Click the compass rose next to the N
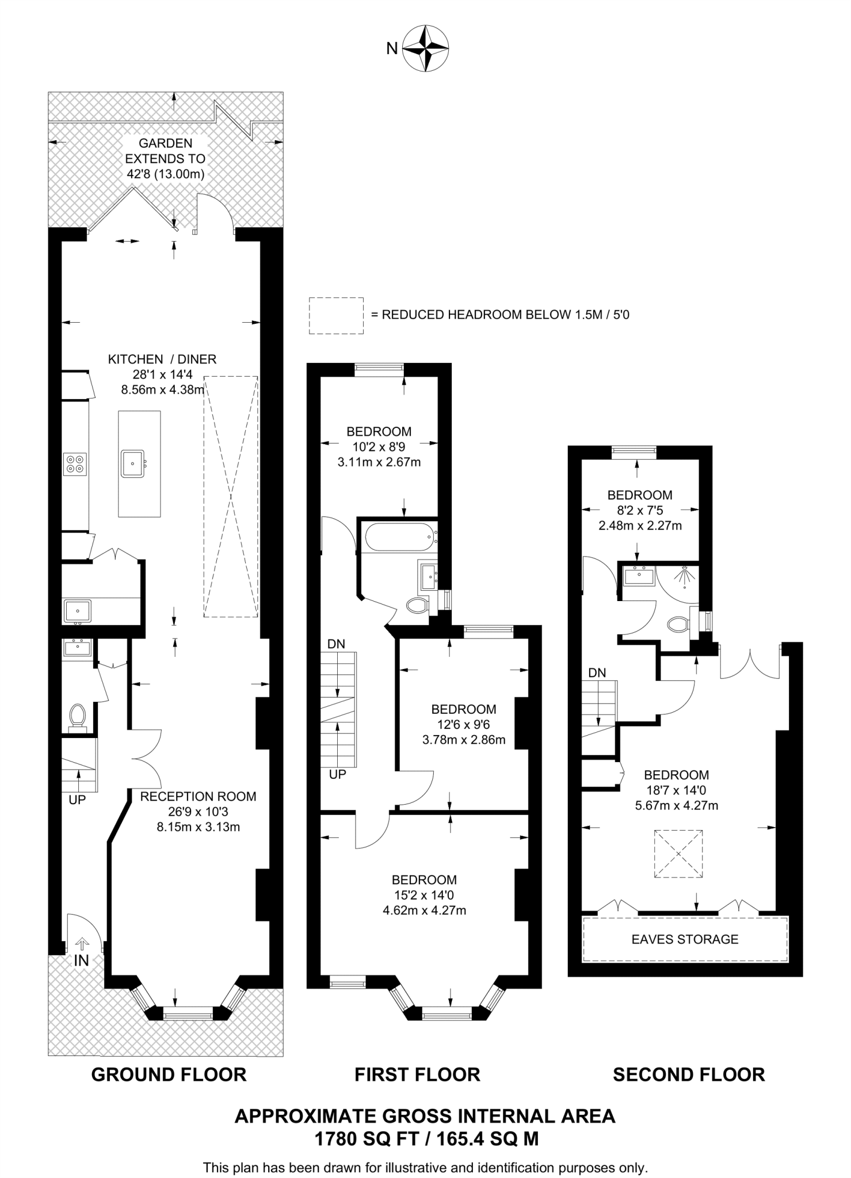[x=425, y=48]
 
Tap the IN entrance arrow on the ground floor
[x=82, y=944]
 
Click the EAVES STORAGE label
[x=685, y=939]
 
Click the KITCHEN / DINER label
[x=162, y=359]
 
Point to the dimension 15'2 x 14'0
[x=424, y=895]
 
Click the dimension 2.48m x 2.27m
[x=640, y=525]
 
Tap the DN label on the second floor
[x=597, y=672]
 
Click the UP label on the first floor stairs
[x=337, y=774]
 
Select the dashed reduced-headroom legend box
[x=336, y=315]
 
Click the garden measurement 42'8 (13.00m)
[x=165, y=174]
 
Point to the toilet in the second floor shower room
[x=679, y=625]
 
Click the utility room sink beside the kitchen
[x=77, y=610]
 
